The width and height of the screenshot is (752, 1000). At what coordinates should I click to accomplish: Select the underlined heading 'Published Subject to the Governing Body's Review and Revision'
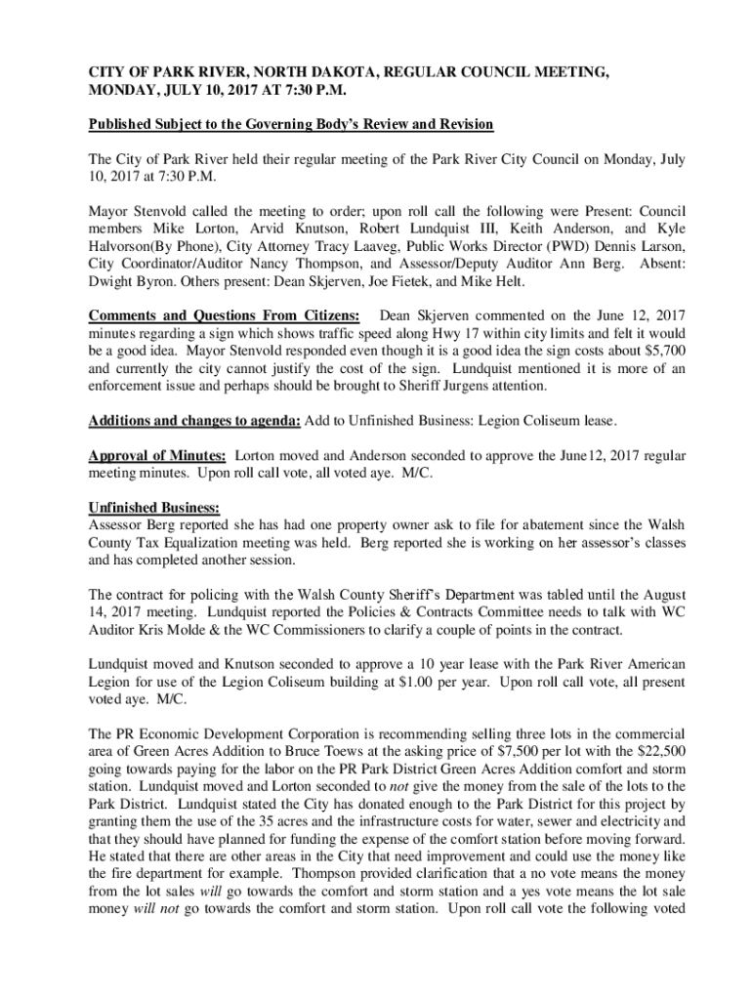click(x=291, y=125)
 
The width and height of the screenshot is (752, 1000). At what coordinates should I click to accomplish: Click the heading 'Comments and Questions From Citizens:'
click(x=224, y=316)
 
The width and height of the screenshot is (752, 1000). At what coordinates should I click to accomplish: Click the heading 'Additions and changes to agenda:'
click(x=194, y=421)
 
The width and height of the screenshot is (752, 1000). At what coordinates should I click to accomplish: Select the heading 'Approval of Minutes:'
click(x=157, y=456)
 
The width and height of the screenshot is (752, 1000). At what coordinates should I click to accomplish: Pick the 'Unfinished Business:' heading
click(x=154, y=509)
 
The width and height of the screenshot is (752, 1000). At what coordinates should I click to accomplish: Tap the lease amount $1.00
click(x=441, y=684)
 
